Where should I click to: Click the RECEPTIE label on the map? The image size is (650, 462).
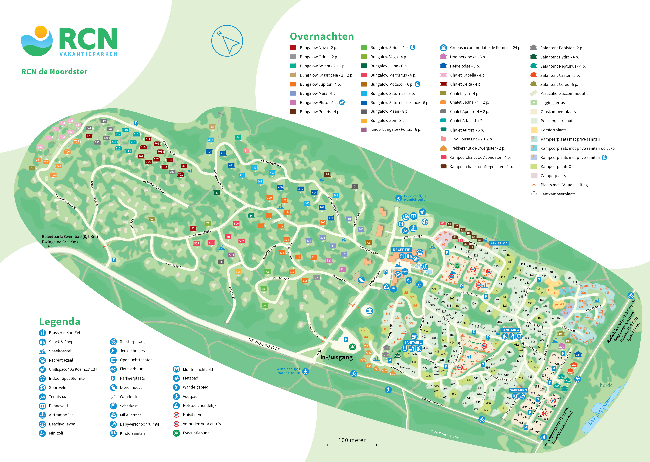pos(401,250)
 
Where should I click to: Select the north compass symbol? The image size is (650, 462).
pos(227,41)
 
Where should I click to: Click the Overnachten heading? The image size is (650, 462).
pos(322,36)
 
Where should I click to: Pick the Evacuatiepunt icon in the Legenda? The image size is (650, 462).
pos(176,433)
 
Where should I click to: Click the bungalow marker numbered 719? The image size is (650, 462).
pos(103,121)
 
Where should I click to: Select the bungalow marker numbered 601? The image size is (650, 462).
pos(221,262)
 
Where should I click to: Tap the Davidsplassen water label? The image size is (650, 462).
pos(599,411)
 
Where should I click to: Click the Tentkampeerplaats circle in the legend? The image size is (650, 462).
pos(534,194)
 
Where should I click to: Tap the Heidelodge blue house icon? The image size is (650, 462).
pos(443,66)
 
